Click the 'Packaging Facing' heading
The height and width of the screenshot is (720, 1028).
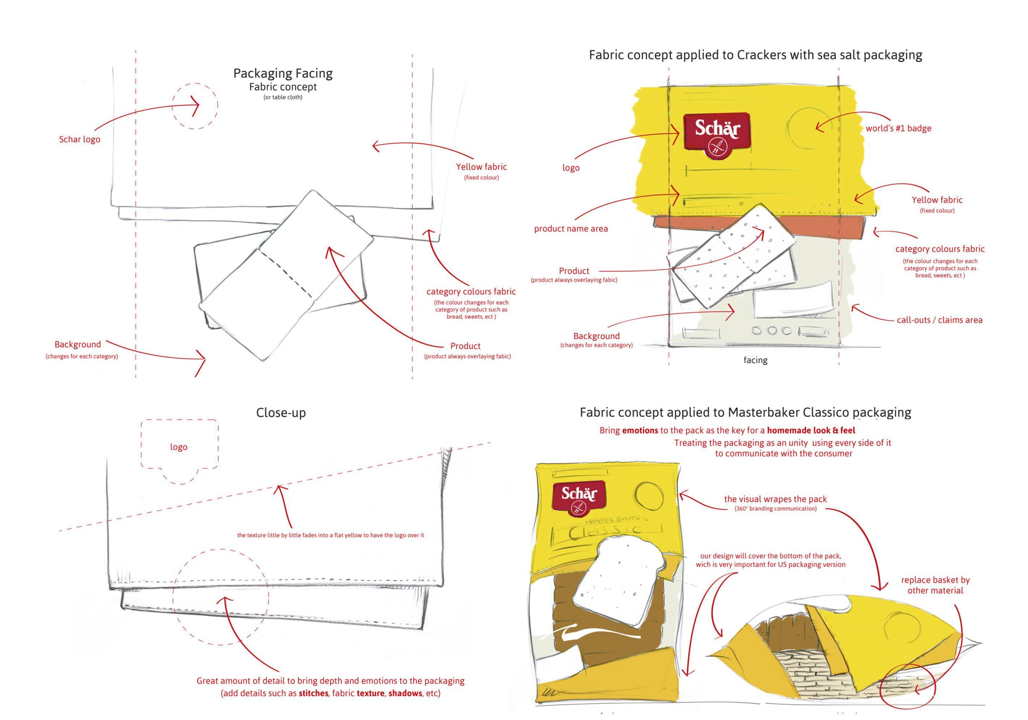click(283, 74)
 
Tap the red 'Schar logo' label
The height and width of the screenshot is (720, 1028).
click(80, 139)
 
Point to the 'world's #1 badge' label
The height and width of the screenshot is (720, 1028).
click(898, 129)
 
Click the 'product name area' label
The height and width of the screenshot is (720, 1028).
click(571, 229)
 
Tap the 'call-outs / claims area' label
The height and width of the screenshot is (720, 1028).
click(939, 320)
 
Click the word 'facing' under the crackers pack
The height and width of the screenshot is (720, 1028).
click(755, 360)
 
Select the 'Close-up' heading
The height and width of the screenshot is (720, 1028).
click(281, 413)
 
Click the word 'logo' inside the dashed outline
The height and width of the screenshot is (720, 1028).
click(179, 447)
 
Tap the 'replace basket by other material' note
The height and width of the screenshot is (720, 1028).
click(935, 585)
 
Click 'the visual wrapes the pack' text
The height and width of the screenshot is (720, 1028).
click(776, 499)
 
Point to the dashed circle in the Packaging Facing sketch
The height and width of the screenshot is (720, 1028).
click(195, 106)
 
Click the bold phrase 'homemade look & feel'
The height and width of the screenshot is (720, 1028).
click(811, 431)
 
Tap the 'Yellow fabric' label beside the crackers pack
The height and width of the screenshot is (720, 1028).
click(937, 200)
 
